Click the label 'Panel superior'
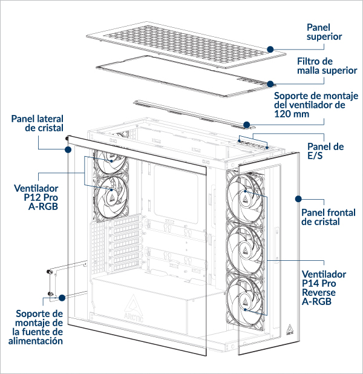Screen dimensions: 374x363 pos(324,32)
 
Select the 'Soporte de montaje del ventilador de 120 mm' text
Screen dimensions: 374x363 pos(316,105)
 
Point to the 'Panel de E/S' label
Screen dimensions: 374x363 pos(325,151)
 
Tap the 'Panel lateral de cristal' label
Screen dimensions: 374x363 pos(37,123)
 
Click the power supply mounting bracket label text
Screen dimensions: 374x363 pos(39,327)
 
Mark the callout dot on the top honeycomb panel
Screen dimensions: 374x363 pos(270,48)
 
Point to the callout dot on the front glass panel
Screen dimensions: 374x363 pos(298,198)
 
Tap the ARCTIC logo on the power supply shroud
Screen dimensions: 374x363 pos(136,309)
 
